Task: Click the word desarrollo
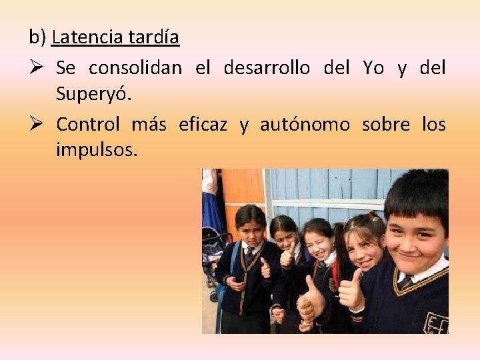click(267, 68)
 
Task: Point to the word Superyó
click(94, 94)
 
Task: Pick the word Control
click(88, 124)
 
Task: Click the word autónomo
click(305, 124)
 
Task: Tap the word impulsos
click(97, 150)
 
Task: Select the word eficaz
click(203, 124)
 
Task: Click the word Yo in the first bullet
click(373, 68)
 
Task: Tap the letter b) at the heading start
click(37, 37)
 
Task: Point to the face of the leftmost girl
click(251, 229)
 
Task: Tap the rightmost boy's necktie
click(405, 282)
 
